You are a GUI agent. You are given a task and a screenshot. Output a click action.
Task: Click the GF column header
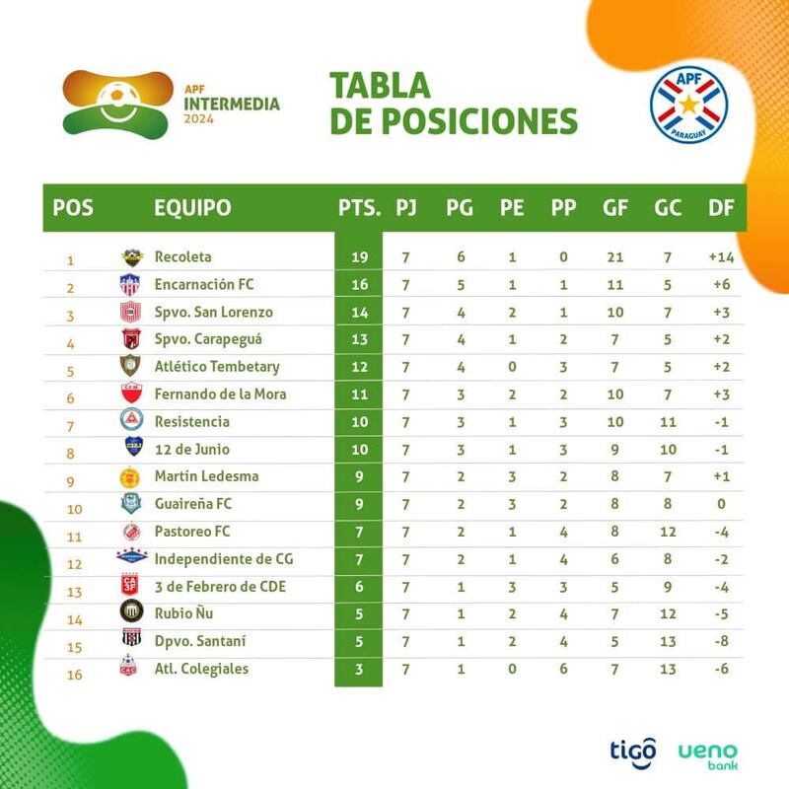(x=614, y=208)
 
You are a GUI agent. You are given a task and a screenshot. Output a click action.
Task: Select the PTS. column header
(x=359, y=208)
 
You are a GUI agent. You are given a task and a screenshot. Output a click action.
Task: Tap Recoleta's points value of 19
(x=359, y=257)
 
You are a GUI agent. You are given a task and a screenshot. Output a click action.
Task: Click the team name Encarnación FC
(x=204, y=285)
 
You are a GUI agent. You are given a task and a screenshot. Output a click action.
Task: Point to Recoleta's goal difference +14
(x=721, y=257)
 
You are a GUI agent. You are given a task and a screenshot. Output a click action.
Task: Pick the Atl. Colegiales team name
(x=201, y=669)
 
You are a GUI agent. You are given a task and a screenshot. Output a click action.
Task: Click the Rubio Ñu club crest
(x=132, y=611)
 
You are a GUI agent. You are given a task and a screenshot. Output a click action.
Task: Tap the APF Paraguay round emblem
(x=688, y=106)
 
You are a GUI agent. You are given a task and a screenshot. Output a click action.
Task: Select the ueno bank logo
(x=707, y=756)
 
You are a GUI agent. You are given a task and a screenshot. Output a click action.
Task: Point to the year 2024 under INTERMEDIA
(x=199, y=119)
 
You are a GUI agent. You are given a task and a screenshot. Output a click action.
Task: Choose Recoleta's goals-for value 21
(x=614, y=257)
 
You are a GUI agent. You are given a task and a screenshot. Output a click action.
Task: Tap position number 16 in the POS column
(x=75, y=675)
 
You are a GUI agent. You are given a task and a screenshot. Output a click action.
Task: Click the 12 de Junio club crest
(x=133, y=447)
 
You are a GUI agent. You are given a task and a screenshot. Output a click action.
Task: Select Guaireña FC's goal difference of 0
(x=721, y=504)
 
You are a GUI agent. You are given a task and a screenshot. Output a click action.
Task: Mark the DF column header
(x=721, y=208)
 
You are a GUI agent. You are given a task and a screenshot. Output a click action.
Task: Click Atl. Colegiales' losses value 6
(x=563, y=669)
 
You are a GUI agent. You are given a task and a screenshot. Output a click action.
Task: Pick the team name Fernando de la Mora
(x=220, y=394)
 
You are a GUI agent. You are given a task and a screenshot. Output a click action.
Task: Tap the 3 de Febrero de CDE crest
(x=130, y=585)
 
